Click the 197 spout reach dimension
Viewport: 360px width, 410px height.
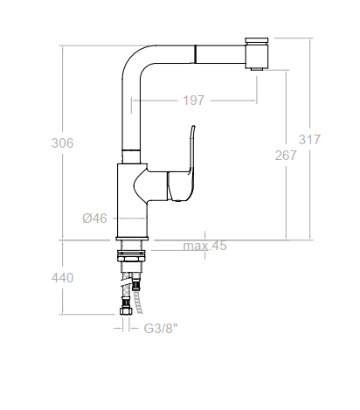[x=194, y=101]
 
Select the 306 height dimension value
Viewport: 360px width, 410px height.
[x=62, y=143]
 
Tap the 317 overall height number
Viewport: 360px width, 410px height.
[x=309, y=140]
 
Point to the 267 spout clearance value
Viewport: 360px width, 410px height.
[x=286, y=156]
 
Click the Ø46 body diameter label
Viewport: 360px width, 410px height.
[x=94, y=219]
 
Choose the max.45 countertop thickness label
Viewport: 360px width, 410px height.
[x=204, y=246]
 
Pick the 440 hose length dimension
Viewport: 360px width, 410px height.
[x=62, y=278]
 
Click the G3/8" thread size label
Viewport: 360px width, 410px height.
[x=161, y=329]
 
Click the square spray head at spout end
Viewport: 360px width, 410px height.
[x=256, y=56]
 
